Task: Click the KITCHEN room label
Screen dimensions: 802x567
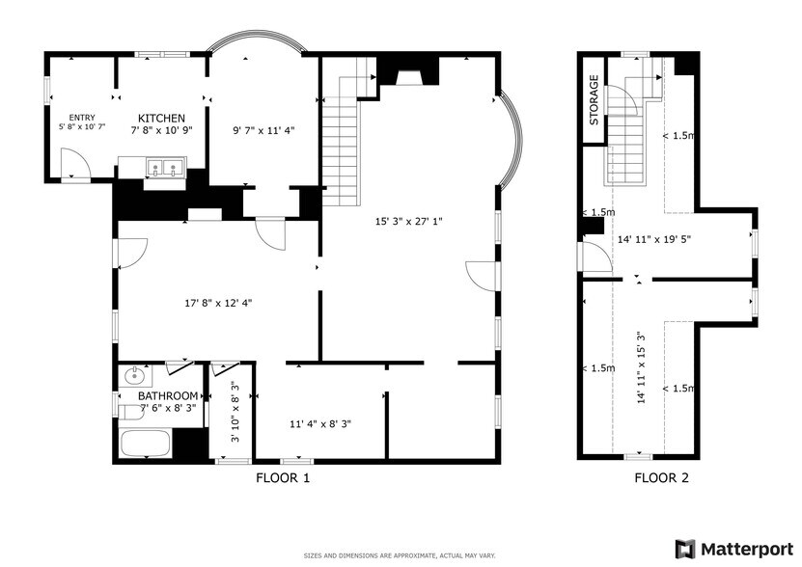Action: [161, 118]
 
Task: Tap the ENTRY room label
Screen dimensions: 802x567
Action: [82, 118]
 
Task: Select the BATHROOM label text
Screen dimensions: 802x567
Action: [168, 395]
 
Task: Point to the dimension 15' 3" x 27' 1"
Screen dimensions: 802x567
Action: [408, 222]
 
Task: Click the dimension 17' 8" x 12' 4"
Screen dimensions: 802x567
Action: [218, 303]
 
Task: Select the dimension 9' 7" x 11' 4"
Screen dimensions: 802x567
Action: [263, 130]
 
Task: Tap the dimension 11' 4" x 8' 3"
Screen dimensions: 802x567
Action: [320, 424]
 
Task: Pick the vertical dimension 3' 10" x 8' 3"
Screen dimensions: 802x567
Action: [235, 412]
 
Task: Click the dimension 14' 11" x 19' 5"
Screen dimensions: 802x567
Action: [654, 239]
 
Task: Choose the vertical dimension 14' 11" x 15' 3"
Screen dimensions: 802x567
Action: [642, 367]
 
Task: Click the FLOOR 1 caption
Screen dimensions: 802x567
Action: [283, 478]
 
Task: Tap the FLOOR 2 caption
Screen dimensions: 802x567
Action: [661, 478]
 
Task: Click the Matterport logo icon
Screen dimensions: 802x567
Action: [685, 549]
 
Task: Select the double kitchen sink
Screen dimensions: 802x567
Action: [165, 168]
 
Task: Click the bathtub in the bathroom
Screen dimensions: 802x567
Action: [145, 444]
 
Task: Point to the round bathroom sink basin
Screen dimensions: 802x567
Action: [135, 376]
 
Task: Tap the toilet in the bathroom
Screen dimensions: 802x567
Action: [130, 412]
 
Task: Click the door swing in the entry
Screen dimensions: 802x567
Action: [75, 163]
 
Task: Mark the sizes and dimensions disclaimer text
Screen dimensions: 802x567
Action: [400, 555]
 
